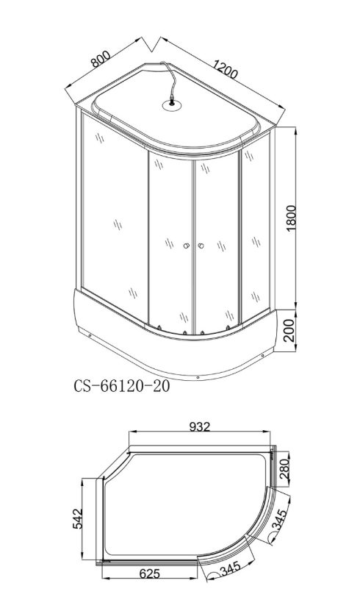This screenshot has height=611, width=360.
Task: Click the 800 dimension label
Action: pos(101,58)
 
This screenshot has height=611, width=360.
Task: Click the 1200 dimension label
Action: pos(225,68)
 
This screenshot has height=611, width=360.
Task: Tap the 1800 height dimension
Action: pos(291,218)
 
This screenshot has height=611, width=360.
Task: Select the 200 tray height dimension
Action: pos(291,329)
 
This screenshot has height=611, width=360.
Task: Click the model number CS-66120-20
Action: pos(122,386)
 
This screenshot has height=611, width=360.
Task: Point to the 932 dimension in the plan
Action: pos(200,426)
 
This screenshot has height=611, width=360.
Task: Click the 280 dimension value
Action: pos(284,470)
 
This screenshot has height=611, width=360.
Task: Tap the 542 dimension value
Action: pos(78,518)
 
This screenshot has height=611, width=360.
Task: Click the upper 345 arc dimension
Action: pos(278,518)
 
